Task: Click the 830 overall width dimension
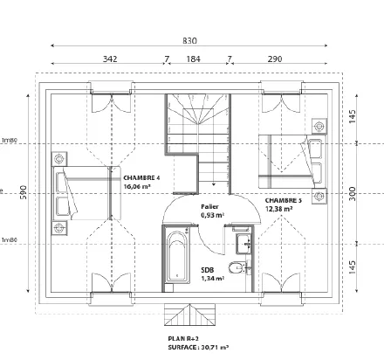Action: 191,40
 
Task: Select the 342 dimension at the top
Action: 110,59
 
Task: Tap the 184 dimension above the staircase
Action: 193,59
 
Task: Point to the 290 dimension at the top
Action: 274,59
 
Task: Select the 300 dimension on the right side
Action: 353,193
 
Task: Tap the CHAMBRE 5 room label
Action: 284,200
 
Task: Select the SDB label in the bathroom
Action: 208,270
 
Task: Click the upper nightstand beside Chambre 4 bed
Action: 60,160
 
